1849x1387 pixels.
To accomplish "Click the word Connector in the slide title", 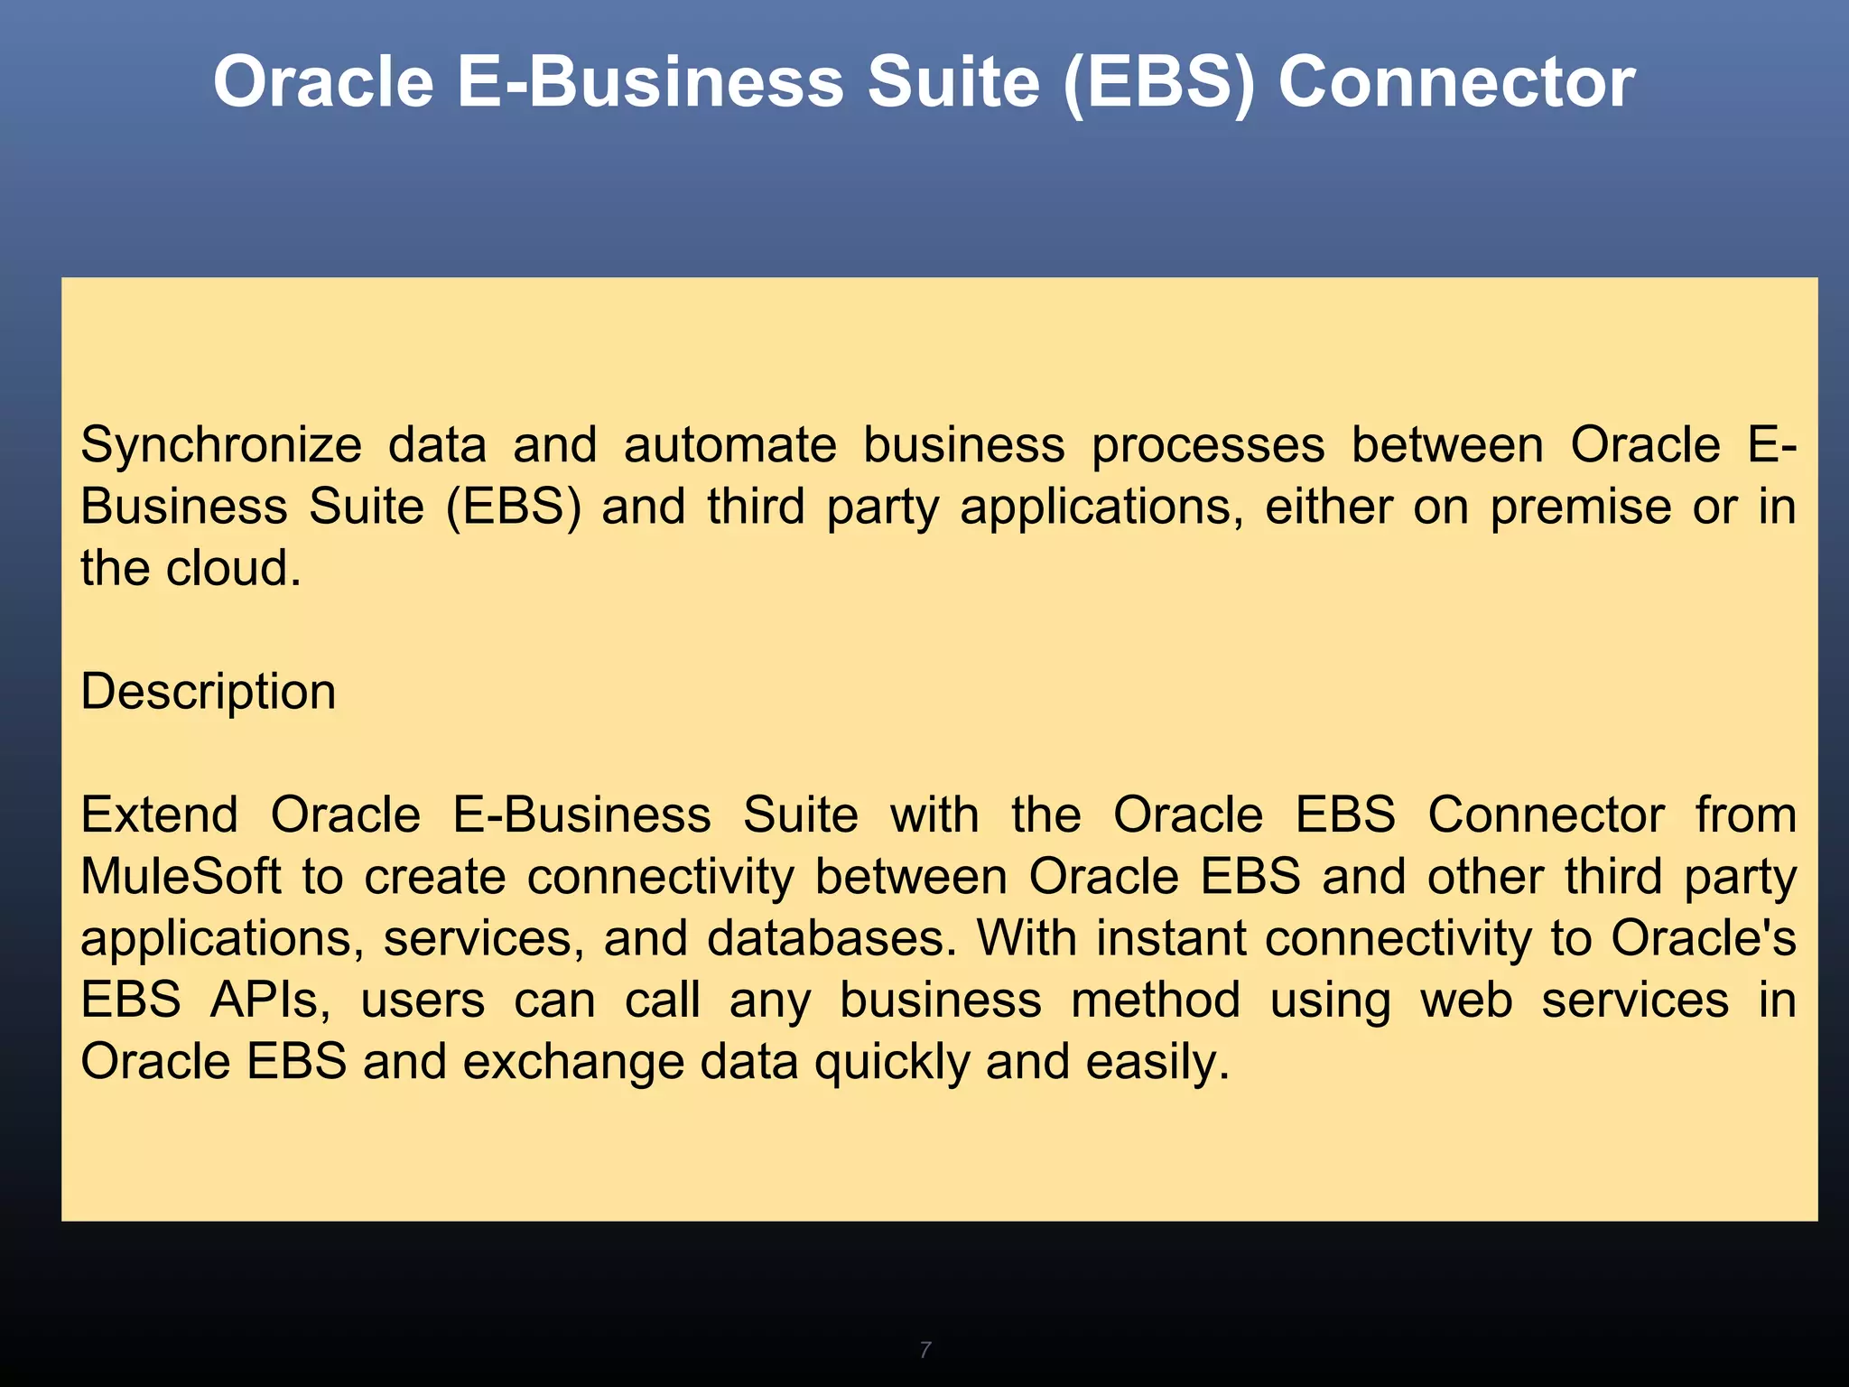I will coord(1455,83).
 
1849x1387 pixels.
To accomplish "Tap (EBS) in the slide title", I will coord(1158,83).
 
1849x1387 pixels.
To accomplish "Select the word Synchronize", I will coord(221,445).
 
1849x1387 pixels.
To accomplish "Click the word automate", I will coord(729,445).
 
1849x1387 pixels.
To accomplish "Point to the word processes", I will coord(1208,445).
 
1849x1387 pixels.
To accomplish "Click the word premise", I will coord(1580,507).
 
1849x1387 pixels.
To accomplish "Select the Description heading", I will coord(208,693).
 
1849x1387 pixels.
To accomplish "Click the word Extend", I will coord(159,815).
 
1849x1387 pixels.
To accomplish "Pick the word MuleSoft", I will coord(181,876).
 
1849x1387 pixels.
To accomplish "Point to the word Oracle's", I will coord(1704,937).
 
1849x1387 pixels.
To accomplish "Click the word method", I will coord(1156,1000).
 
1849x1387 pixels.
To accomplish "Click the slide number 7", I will coord(924,1350).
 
